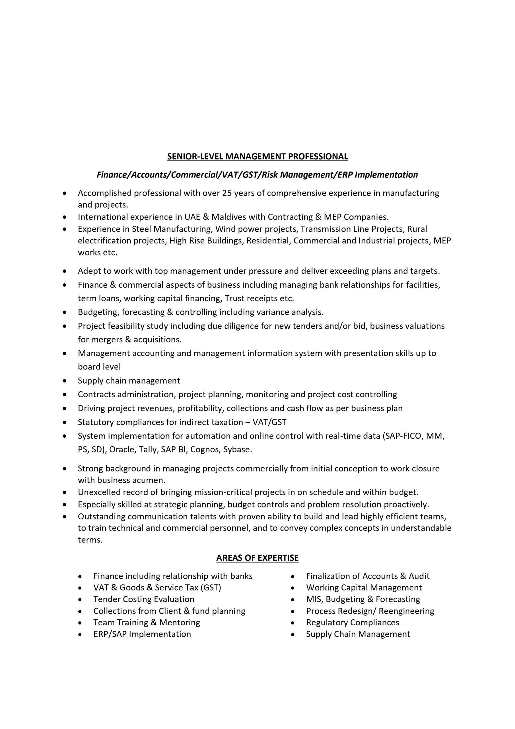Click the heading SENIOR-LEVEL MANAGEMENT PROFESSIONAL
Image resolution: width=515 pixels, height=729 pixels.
point(257,157)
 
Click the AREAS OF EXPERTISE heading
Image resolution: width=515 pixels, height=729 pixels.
point(257,558)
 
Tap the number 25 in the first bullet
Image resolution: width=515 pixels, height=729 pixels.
point(227,193)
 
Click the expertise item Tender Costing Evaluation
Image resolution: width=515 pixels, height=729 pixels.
point(144,599)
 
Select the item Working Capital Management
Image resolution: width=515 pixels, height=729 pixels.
point(364,587)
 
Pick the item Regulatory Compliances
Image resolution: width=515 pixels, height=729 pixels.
point(353,622)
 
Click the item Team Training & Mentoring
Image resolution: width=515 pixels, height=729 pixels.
point(147,622)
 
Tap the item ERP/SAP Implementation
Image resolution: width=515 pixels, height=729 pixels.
point(142,634)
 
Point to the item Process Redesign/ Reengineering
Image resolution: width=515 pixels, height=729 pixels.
point(370,611)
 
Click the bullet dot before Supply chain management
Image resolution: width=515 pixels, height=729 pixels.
point(65,381)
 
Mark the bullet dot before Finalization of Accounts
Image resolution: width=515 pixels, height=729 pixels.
point(293,576)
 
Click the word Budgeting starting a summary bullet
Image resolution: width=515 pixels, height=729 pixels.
point(98,312)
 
